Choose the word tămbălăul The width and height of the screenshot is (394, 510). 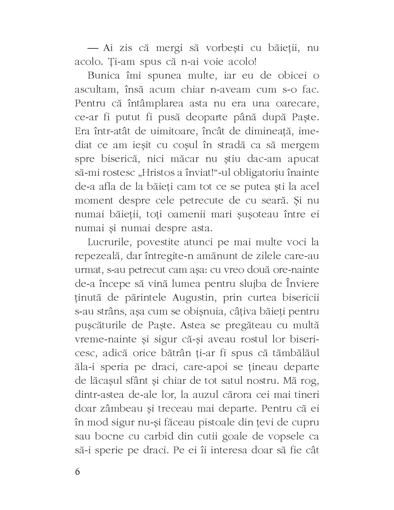click(x=293, y=353)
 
